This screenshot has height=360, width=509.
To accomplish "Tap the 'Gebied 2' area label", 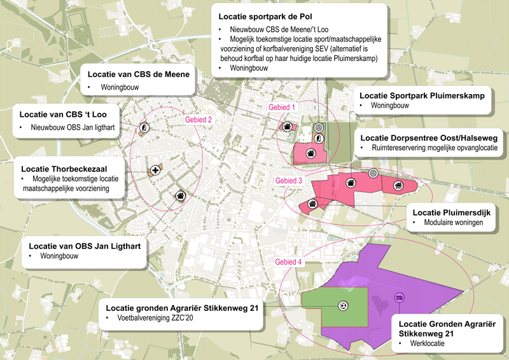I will (198, 120).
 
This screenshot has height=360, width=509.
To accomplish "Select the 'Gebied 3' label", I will (289, 181).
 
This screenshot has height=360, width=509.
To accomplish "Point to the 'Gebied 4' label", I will (289, 261).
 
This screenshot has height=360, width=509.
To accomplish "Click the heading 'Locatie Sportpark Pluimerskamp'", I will (422, 95).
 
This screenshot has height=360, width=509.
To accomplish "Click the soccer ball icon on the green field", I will (344, 305).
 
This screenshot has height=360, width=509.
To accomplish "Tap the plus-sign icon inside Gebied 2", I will (155, 170).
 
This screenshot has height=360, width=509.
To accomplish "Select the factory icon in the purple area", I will (400, 297).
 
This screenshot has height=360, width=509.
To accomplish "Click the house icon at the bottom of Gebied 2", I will (180, 196).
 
